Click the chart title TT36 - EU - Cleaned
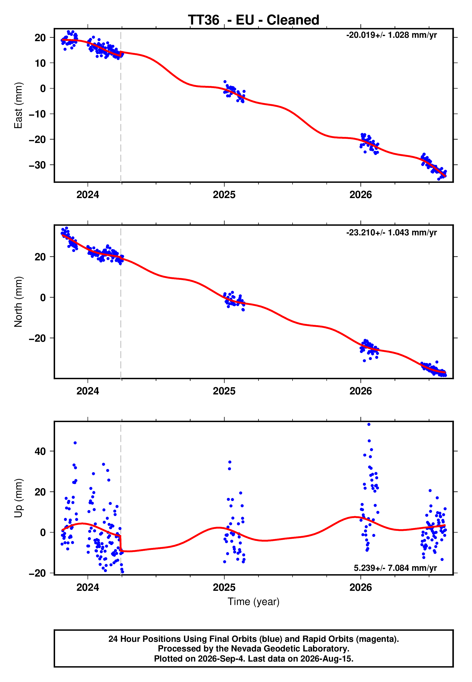tap(254, 20)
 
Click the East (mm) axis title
tap(18, 105)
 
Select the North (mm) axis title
tap(18, 302)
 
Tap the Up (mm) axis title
tap(18, 498)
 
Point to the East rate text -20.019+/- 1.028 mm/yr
tap(392, 35)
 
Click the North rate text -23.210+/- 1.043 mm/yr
tap(392, 232)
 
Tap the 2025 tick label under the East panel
tap(224, 195)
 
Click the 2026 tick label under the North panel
tap(361, 391)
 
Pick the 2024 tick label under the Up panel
tap(88, 587)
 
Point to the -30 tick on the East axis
tap(37, 165)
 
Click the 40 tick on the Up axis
tap(40, 451)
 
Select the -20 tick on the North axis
tap(37, 338)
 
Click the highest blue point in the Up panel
tap(369, 425)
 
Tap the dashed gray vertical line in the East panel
tap(121, 105)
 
